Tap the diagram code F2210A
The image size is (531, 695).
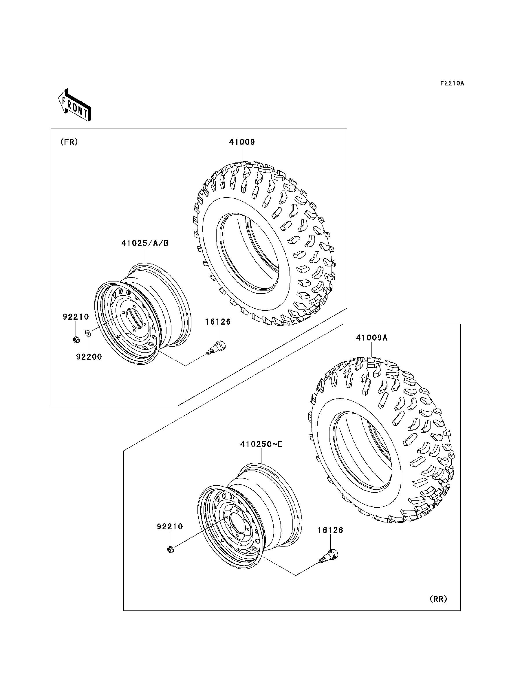click(x=452, y=83)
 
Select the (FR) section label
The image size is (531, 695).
click(x=69, y=142)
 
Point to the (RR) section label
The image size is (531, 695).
click(x=438, y=599)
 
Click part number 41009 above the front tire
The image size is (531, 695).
click(x=242, y=142)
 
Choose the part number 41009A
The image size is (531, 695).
click(x=372, y=338)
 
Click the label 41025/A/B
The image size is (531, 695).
click(x=145, y=243)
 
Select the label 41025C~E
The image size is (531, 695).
click(x=261, y=444)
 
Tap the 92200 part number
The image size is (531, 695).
click(x=89, y=357)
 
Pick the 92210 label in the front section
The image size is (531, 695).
click(x=76, y=317)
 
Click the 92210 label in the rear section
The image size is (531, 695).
click(x=170, y=526)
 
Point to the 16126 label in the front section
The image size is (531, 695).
click(x=218, y=322)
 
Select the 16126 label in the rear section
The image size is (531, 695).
click(x=330, y=530)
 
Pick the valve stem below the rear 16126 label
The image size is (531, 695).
click(x=329, y=556)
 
